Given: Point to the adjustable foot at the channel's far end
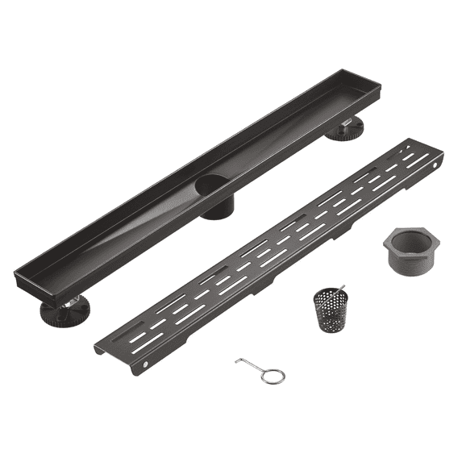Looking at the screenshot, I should tap(344, 128).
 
